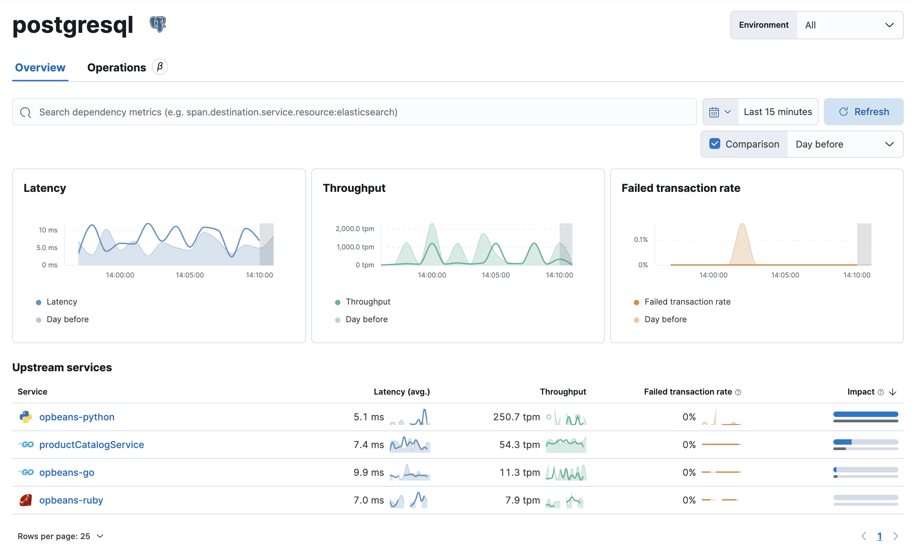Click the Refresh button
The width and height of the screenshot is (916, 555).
(863, 112)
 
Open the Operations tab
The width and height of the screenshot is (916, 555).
(116, 68)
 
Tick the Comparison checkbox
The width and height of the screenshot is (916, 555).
(714, 144)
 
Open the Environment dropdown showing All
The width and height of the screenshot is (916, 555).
(850, 25)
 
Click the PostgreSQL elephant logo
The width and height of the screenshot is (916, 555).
(158, 24)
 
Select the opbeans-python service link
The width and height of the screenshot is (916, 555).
(77, 417)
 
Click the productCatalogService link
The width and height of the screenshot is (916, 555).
(91, 445)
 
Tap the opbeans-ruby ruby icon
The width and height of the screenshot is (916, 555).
(26, 500)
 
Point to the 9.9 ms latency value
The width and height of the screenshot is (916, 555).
(369, 472)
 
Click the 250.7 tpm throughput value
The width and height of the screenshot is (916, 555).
(516, 417)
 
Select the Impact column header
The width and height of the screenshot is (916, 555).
(860, 392)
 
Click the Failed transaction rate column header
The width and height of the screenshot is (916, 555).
(688, 392)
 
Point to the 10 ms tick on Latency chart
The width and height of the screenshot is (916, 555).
(48, 230)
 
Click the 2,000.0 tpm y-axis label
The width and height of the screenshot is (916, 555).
(355, 228)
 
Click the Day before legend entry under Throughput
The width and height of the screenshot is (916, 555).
(366, 319)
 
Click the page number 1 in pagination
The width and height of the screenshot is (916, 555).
(879, 536)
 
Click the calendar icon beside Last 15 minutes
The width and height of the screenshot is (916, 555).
(714, 112)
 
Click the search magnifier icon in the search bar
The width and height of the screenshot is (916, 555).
(26, 112)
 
